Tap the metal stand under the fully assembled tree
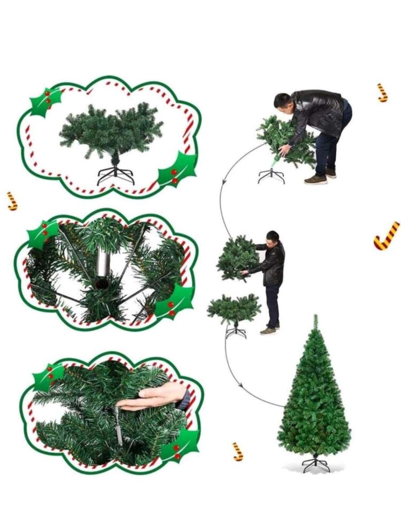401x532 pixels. [316, 464]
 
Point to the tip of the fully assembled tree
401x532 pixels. [315, 317]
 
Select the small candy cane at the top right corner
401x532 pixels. [382, 93]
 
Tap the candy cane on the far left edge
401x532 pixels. [12, 201]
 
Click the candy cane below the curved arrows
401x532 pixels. [238, 451]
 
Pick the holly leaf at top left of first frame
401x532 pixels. [44, 101]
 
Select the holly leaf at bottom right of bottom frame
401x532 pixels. [180, 446]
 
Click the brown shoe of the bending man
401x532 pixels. [315, 180]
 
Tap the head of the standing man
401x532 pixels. [273, 237]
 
